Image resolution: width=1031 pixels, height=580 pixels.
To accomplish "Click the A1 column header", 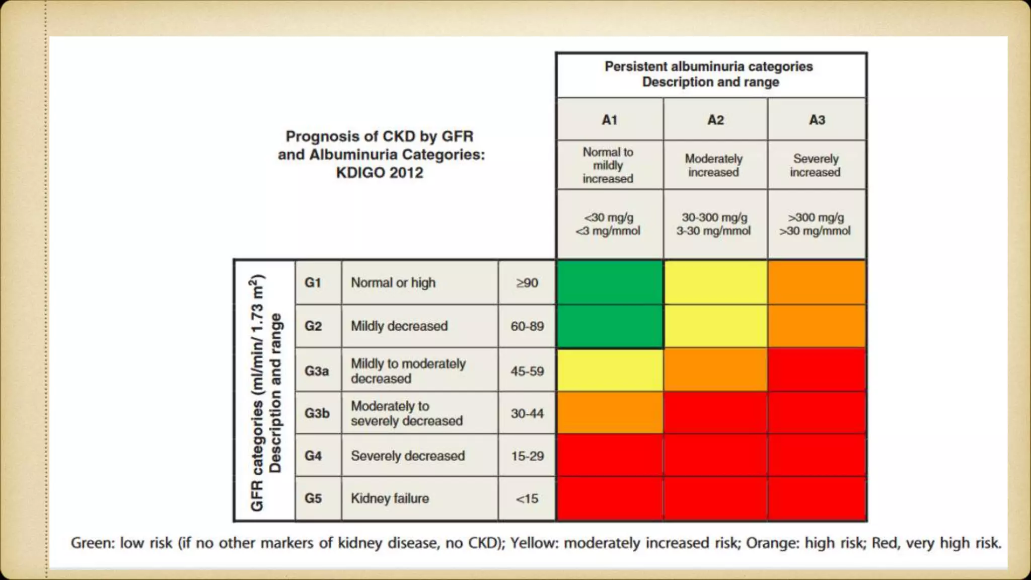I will tap(609, 120).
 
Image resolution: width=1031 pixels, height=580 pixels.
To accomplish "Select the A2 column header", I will tap(715, 120).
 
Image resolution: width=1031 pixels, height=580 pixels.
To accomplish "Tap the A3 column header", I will tap(817, 120).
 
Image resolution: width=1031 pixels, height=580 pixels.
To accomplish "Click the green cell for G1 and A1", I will tap(610, 282).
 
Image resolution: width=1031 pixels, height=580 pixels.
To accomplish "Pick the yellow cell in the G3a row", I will tap(610, 370).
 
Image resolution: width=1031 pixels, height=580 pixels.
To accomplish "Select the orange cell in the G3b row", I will tap(610, 413).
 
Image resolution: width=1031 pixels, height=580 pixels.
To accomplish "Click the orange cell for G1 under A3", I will tap(817, 282).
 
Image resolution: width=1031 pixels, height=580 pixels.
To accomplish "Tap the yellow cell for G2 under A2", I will tap(715, 326).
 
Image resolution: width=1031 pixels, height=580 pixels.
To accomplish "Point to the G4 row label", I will tap(313, 456).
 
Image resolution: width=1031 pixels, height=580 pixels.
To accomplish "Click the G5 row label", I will tap(313, 498).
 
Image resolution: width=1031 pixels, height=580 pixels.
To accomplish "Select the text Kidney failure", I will tap(390, 498).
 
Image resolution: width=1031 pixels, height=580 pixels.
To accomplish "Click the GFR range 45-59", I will tap(527, 371).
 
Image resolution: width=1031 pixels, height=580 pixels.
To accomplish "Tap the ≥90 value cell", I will tap(527, 282).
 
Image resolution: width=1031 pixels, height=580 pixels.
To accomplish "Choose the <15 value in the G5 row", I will tap(527, 498).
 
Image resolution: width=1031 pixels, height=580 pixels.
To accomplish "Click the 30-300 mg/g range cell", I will tap(714, 224).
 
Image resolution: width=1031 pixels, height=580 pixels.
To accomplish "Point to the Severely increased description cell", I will tap(816, 165).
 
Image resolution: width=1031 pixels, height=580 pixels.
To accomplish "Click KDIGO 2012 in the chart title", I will tap(380, 173).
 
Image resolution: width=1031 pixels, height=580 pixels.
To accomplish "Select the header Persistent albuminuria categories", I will tap(709, 66).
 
